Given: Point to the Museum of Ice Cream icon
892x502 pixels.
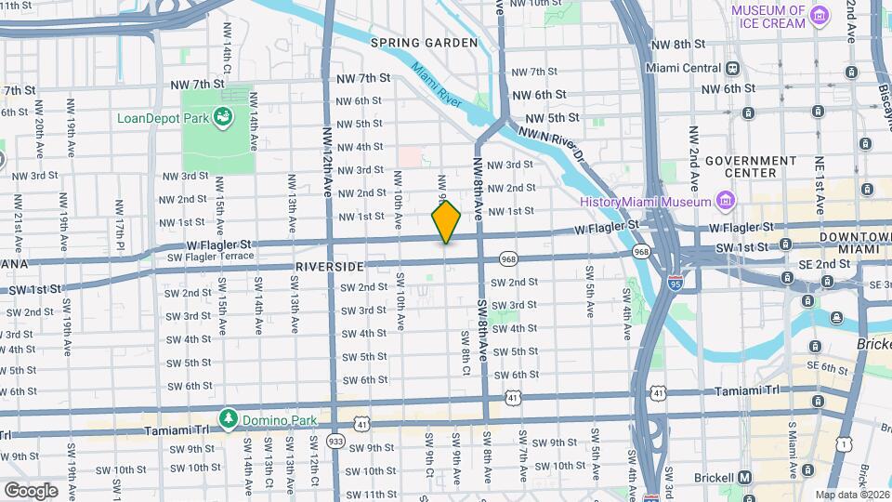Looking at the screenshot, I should pos(819,16).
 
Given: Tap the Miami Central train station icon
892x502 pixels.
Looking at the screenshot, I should pos(733,68).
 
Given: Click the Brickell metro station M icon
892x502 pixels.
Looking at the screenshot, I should pos(744,478).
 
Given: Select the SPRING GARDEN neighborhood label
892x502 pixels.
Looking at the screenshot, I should pos(424,43).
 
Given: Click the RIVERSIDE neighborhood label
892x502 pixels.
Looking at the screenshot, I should pos(328,267).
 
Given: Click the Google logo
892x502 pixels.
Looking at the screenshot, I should pos(30,490).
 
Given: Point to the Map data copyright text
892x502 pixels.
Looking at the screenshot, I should pos(850,495).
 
